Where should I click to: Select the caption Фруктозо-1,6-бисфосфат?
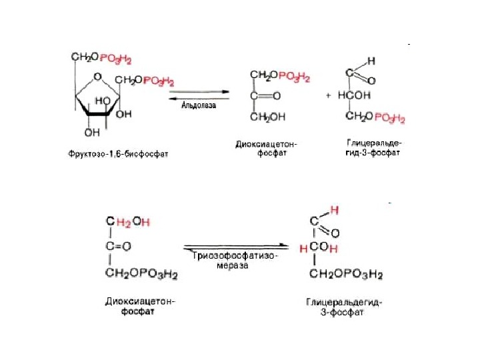pyautogui.click(x=118, y=154)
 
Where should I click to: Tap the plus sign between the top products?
pyautogui.click(x=328, y=95)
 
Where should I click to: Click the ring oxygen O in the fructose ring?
pyautogui.click(x=98, y=77)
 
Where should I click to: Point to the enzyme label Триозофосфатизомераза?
pyautogui.click(x=233, y=260)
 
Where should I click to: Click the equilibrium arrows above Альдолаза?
pyautogui.click(x=199, y=95)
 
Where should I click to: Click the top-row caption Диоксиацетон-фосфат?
pyautogui.click(x=267, y=147)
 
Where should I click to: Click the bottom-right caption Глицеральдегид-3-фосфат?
pyautogui.click(x=344, y=308)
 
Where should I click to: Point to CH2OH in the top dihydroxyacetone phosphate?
pyautogui.click(x=268, y=118)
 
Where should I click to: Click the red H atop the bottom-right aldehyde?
pyautogui.click(x=335, y=209)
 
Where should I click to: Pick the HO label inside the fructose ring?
pyautogui.click(x=103, y=100)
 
